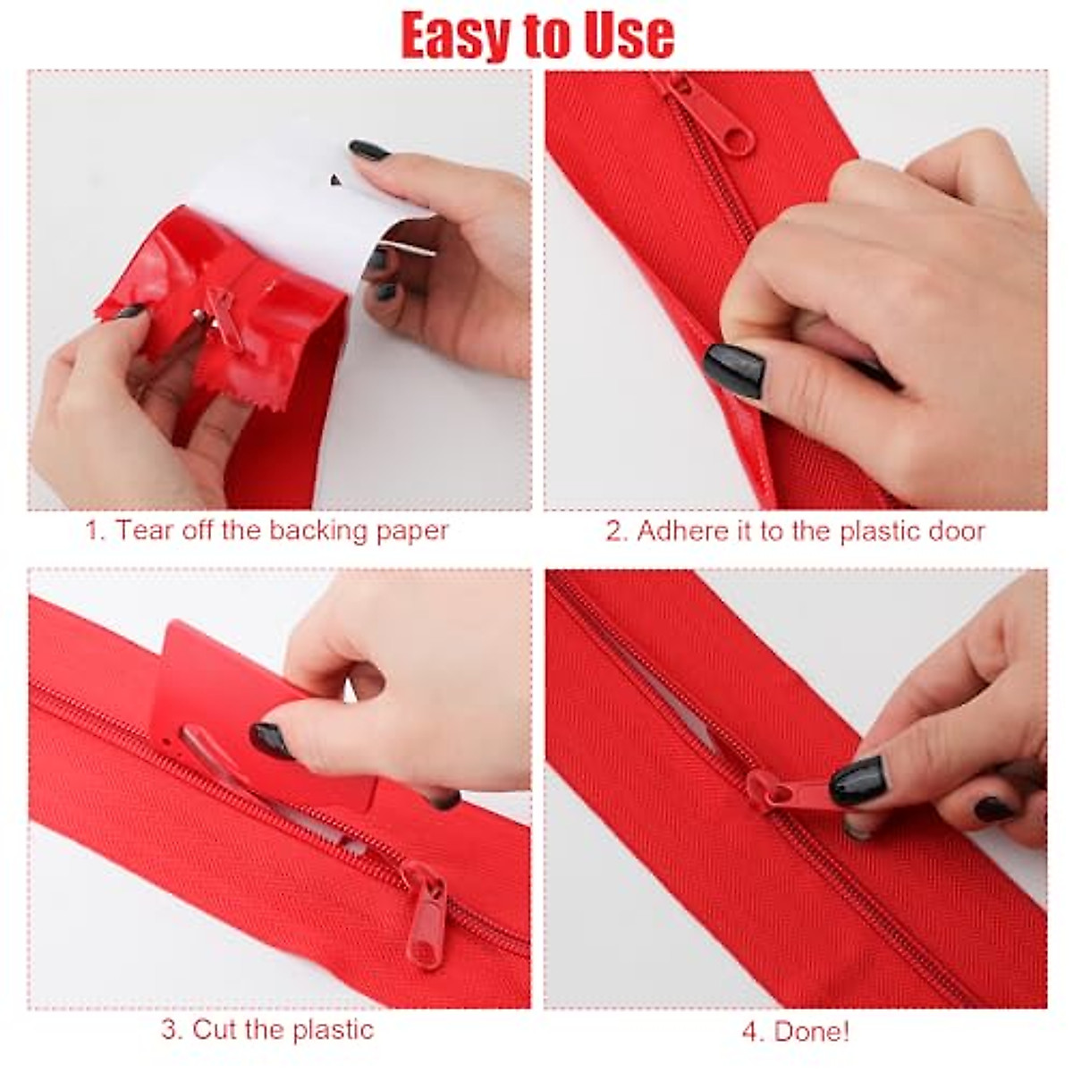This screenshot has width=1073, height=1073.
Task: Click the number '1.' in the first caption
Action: (x=96, y=530)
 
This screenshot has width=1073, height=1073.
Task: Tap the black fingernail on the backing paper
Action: (x=368, y=149)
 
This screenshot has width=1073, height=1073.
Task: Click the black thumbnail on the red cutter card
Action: (x=271, y=739)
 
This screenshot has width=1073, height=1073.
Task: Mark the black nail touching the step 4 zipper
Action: (x=857, y=779)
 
